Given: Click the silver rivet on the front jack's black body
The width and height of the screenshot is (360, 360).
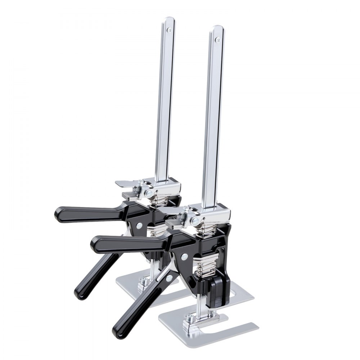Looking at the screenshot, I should pyautogui.click(x=184, y=256).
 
